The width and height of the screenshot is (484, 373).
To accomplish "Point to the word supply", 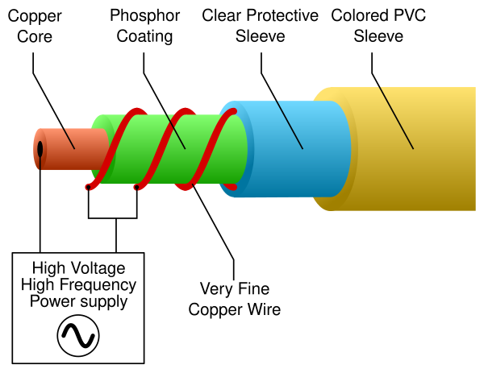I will click(x=104, y=303).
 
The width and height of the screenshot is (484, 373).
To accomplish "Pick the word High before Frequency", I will click(x=38, y=285).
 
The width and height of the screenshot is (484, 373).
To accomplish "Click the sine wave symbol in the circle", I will click(x=78, y=334).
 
